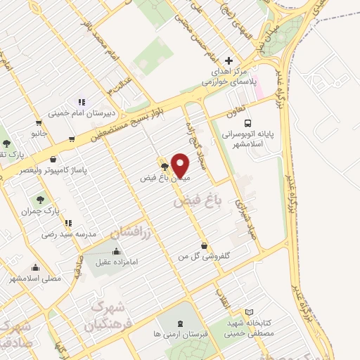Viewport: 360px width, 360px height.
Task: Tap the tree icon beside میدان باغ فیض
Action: pyautogui.click(x=165, y=167)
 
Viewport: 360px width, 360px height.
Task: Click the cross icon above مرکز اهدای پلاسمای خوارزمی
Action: pyautogui.click(x=229, y=60)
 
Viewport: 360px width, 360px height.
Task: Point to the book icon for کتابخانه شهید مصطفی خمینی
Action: pyautogui.click(x=248, y=312)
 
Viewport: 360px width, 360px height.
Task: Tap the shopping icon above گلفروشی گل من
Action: pyautogui.click(x=204, y=246)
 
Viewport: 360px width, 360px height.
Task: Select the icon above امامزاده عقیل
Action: pyautogui.click(x=116, y=251)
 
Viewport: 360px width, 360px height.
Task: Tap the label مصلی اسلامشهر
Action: pyautogui.click(x=35, y=278)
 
